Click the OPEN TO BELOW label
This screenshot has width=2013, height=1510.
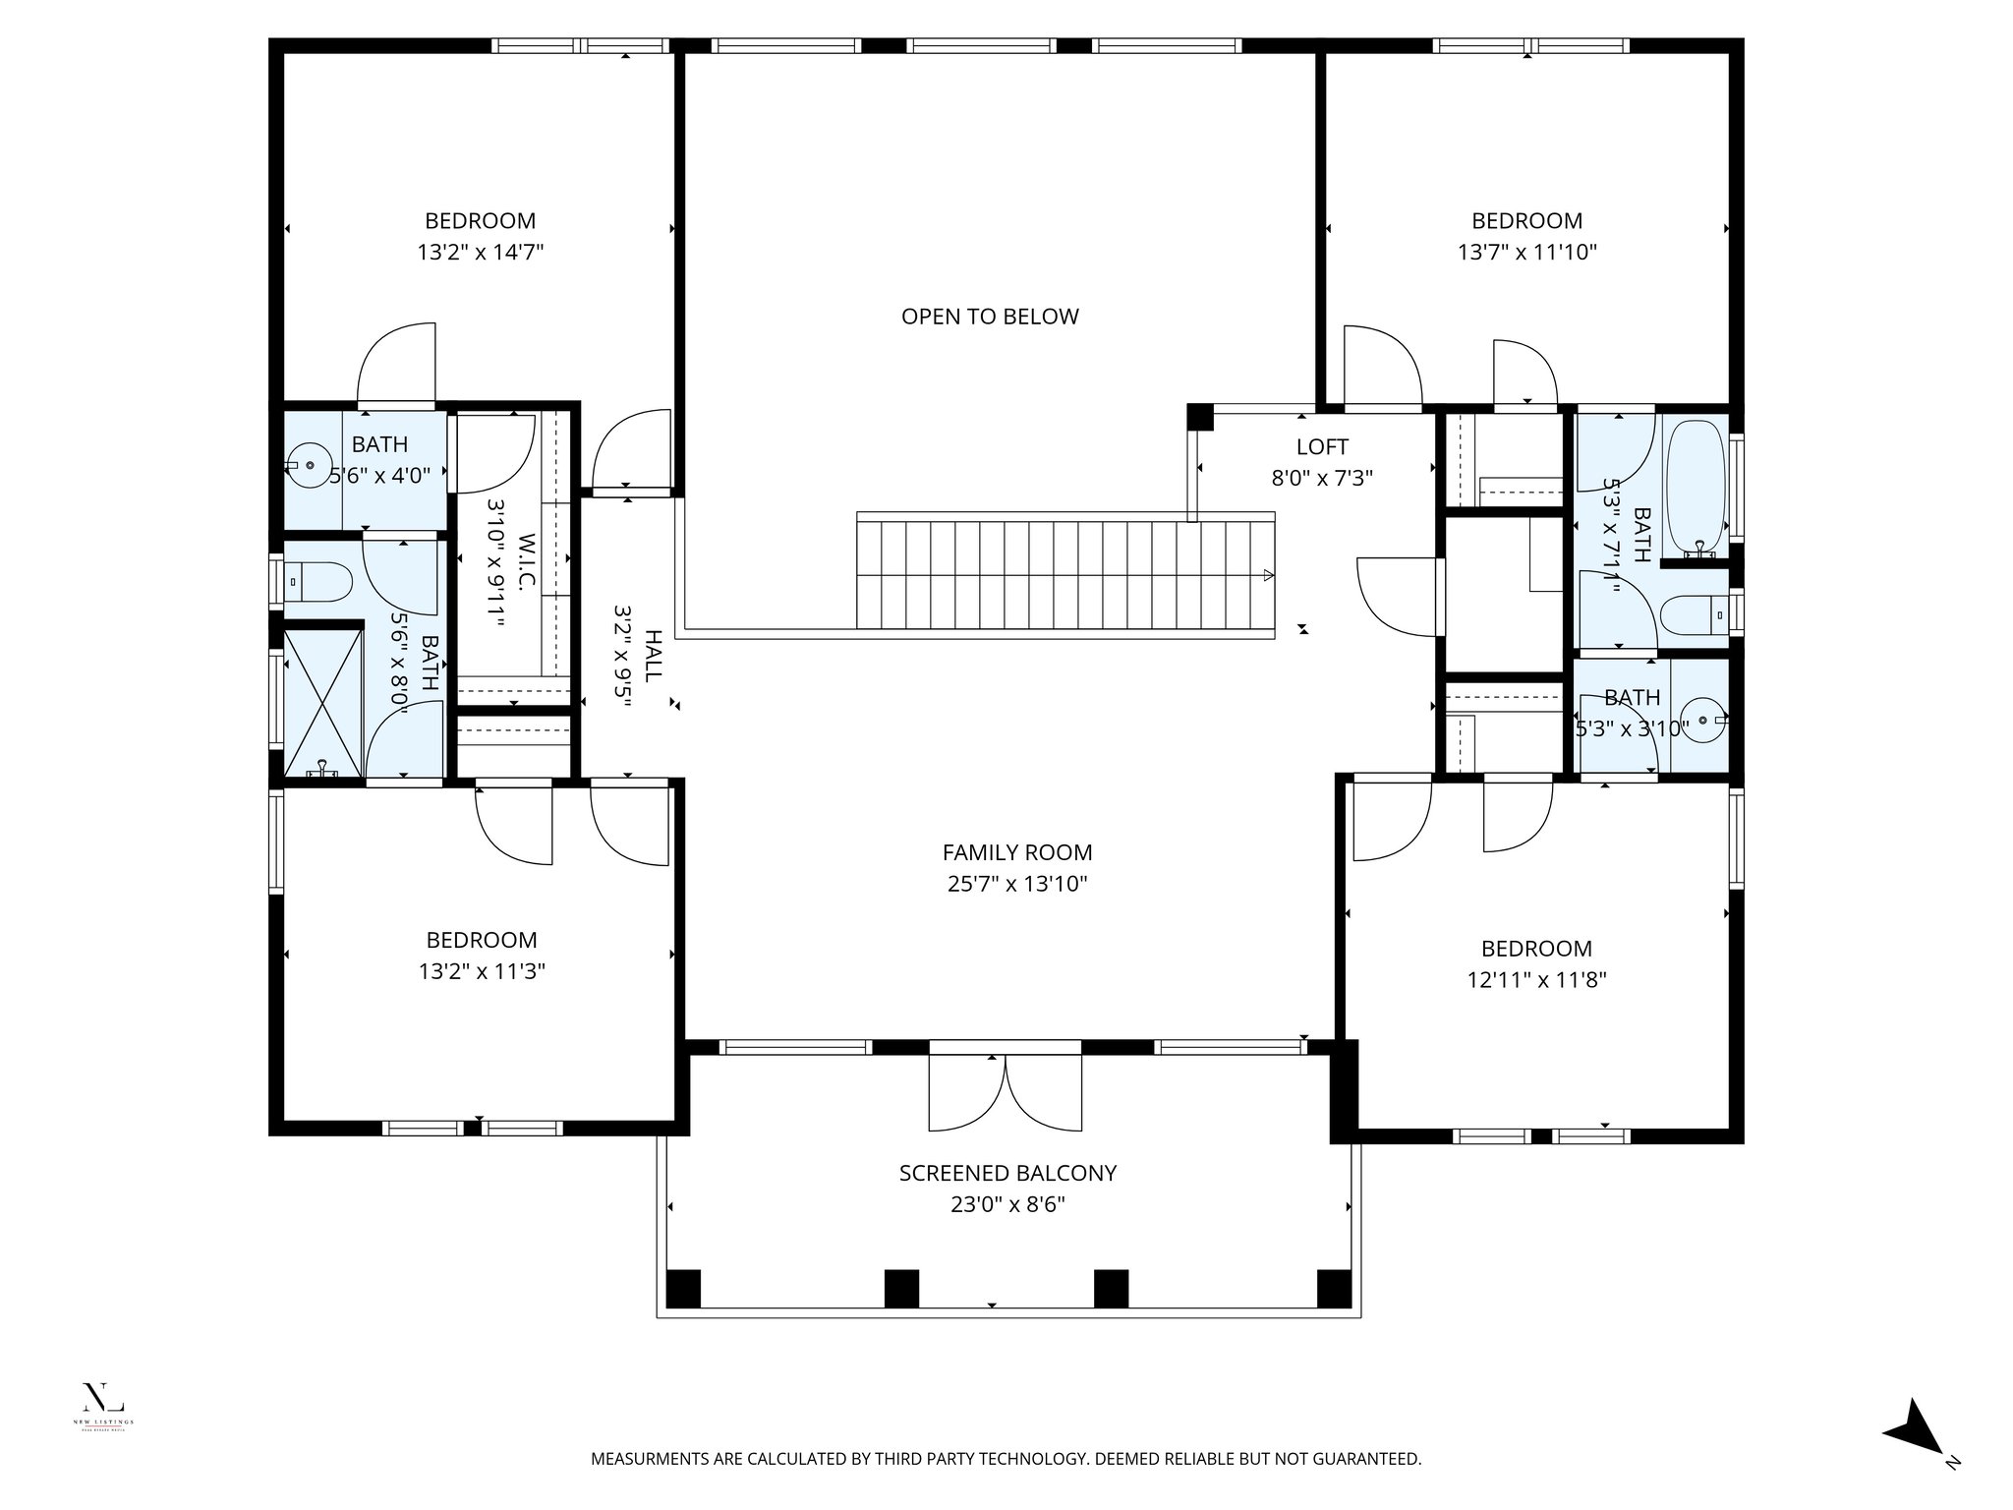(990, 317)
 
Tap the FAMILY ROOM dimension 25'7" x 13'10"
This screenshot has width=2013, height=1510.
(1017, 884)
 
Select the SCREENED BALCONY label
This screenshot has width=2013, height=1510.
(1007, 1173)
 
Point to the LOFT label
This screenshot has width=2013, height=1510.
(1322, 447)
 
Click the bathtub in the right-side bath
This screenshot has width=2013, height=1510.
(1697, 486)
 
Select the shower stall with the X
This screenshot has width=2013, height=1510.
(322, 702)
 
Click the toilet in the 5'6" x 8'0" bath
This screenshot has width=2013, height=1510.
(318, 582)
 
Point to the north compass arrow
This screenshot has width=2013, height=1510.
(1917, 1454)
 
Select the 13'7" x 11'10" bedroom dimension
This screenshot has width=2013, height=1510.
(1526, 253)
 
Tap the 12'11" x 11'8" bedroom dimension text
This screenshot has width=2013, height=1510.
(1536, 980)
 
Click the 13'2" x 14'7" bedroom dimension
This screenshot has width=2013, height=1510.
(481, 253)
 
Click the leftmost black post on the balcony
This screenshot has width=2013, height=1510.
(683, 1288)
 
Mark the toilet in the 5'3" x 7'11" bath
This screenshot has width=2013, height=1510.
(1694, 616)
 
